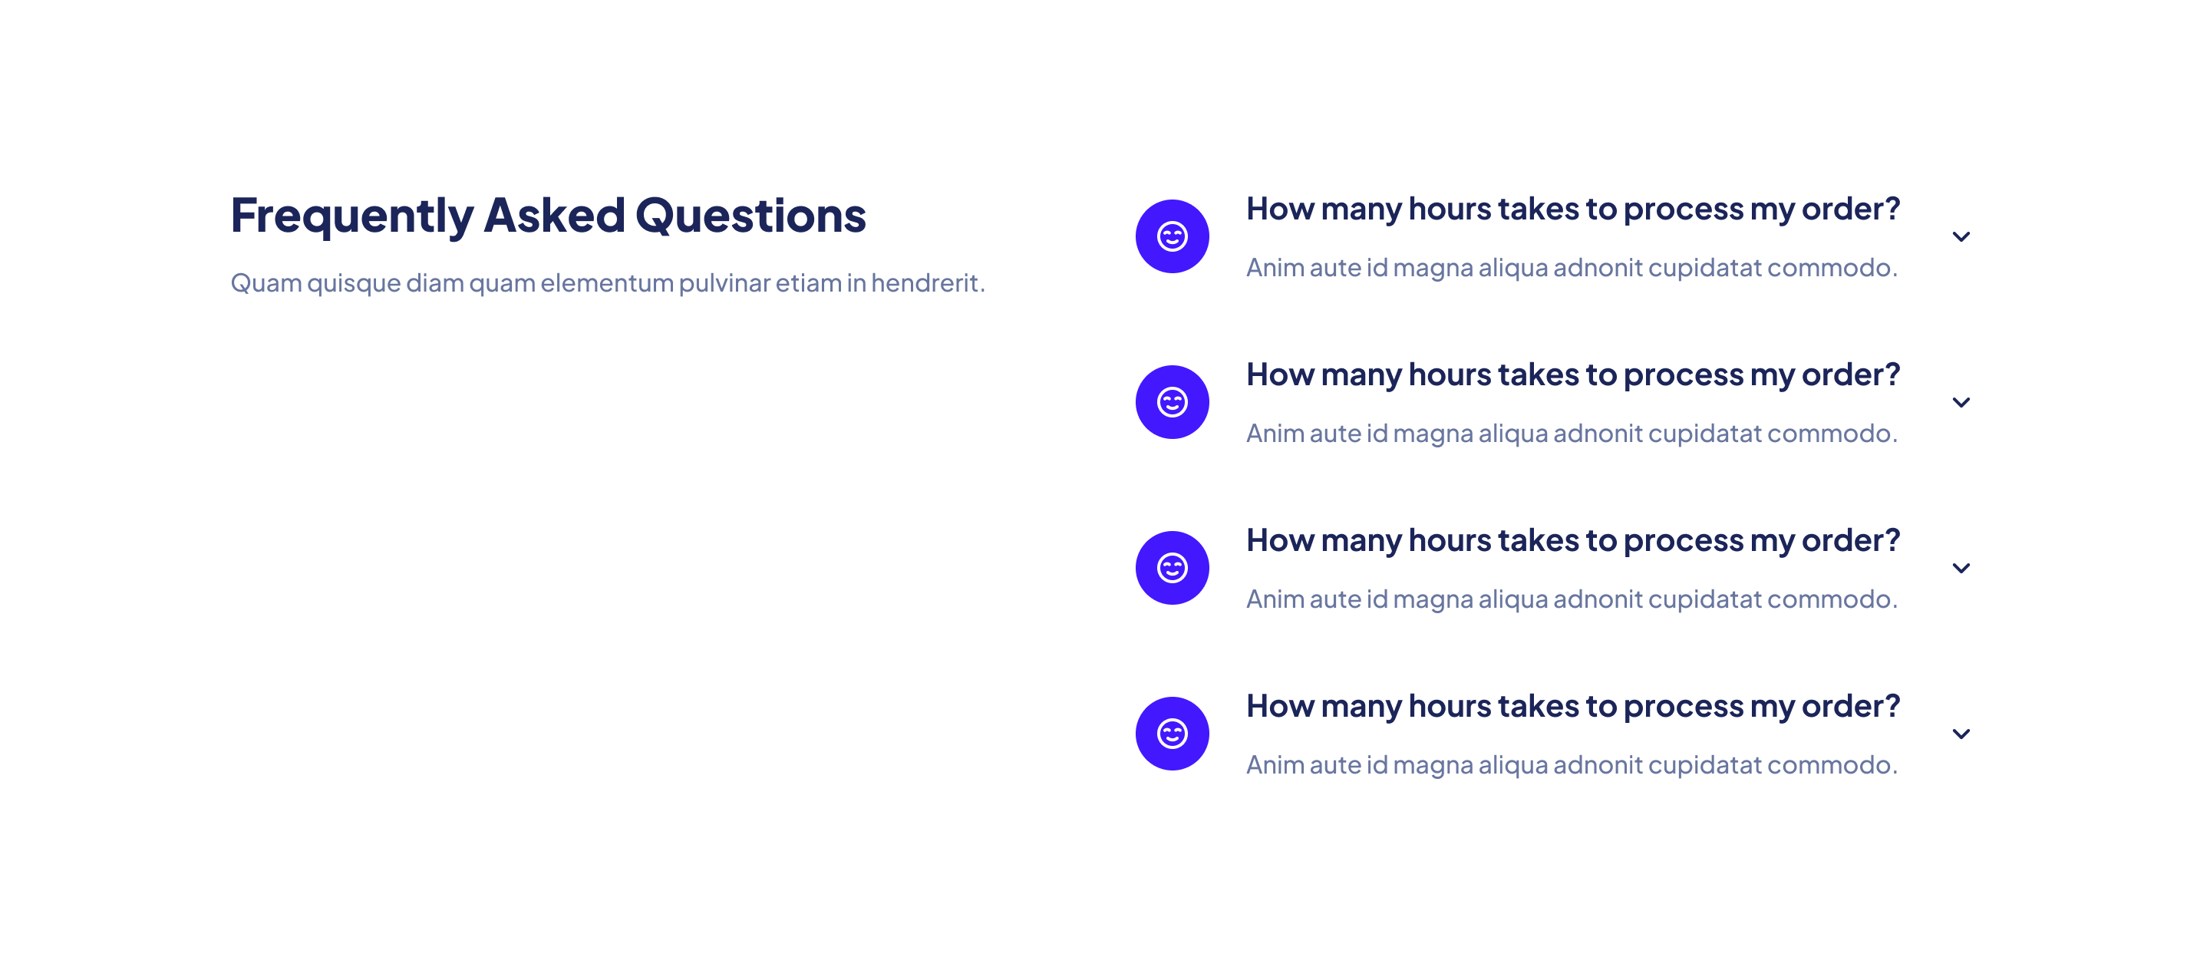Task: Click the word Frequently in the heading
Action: (351, 216)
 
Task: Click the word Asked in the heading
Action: (554, 214)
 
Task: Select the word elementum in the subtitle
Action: (606, 282)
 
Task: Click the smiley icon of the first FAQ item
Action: (1172, 236)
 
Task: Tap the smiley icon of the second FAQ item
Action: (1172, 401)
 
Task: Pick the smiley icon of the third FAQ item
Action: (1172, 567)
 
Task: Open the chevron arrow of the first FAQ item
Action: (1961, 236)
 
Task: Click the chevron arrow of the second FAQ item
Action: (1961, 402)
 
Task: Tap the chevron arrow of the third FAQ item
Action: (1961, 568)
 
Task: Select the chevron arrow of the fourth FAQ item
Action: (1961, 734)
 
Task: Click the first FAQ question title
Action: (1572, 210)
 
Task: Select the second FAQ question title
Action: (1572, 374)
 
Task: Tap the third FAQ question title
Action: (1572, 540)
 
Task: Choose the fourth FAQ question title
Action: (1572, 706)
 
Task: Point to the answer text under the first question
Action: (1572, 268)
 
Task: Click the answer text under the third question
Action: (1572, 599)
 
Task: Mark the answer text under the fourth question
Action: (1572, 764)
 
